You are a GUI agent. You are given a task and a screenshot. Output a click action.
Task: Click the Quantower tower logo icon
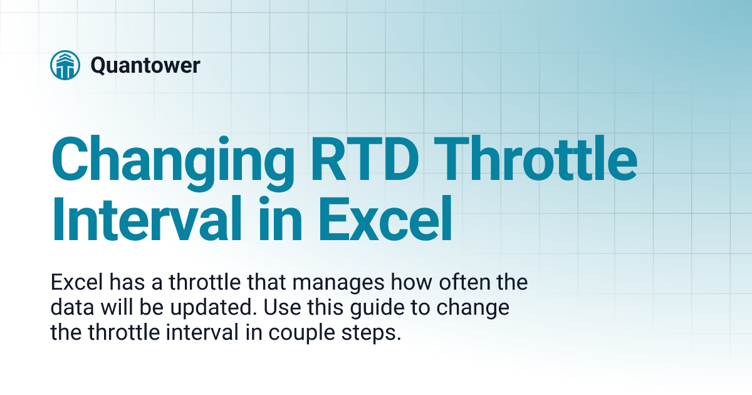tap(65, 65)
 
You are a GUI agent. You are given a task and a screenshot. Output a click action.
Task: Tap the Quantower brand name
tap(145, 65)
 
